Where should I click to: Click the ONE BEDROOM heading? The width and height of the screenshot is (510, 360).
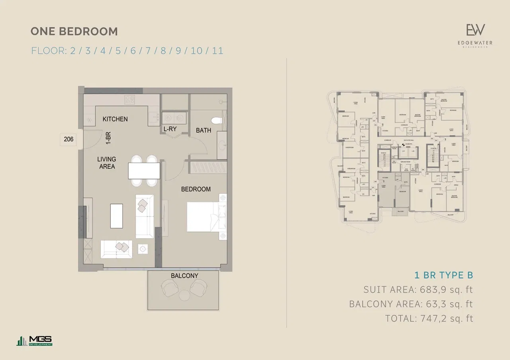click(x=74, y=31)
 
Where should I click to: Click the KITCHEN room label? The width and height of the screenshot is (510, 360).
click(x=115, y=119)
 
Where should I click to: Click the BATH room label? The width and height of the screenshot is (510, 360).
click(x=203, y=130)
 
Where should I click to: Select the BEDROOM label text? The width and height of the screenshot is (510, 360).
click(x=196, y=189)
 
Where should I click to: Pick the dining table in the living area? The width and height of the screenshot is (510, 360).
click(x=144, y=171)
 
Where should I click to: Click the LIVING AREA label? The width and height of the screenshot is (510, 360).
click(x=106, y=163)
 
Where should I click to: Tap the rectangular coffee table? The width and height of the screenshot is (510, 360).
click(x=116, y=216)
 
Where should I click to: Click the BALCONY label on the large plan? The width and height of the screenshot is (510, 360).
click(x=184, y=275)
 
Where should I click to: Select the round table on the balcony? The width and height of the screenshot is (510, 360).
click(x=184, y=295)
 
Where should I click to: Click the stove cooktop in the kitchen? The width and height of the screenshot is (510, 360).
click(x=130, y=100)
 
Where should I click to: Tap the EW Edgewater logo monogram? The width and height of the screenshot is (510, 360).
click(x=476, y=30)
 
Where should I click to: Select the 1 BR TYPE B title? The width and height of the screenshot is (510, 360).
click(x=443, y=275)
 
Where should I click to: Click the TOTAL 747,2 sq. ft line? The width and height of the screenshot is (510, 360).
click(x=429, y=318)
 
